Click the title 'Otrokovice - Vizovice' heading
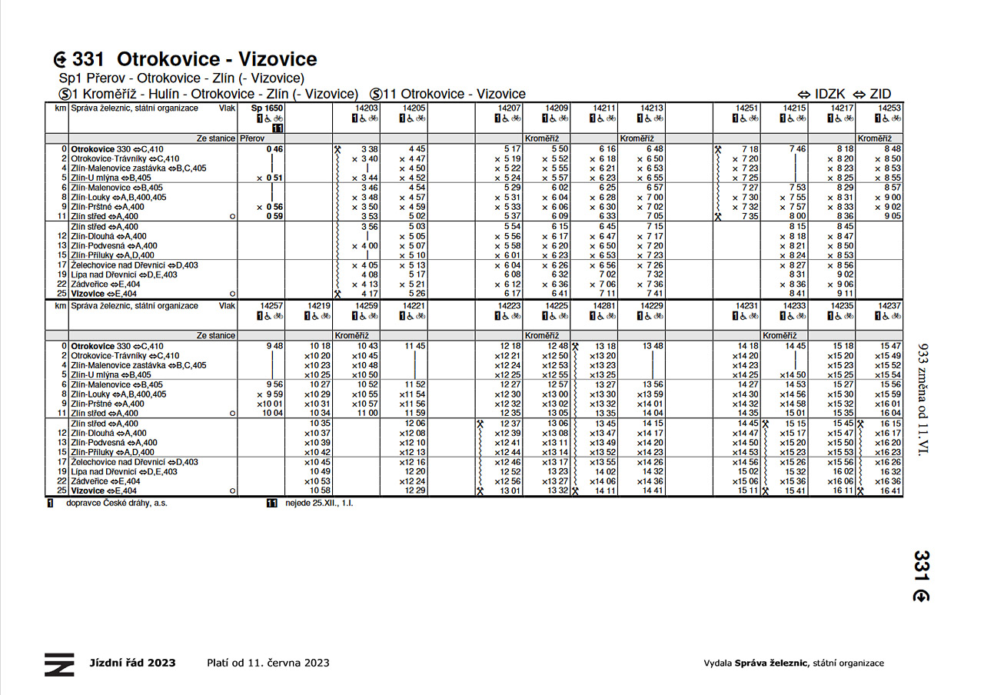point(217,59)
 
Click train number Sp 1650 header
point(268,109)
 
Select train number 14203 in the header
point(367,109)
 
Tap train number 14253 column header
point(890,109)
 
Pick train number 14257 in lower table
point(271,306)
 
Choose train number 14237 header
point(889,306)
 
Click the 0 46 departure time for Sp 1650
point(275,148)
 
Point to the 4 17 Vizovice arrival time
point(369,294)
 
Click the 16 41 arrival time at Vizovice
point(890,490)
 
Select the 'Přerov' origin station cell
point(251,138)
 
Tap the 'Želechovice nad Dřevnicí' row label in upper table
point(135,265)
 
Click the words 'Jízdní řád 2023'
point(132,663)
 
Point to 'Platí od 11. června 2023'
point(268,663)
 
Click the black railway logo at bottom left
point(59,664)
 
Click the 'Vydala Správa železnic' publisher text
point(793,663)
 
